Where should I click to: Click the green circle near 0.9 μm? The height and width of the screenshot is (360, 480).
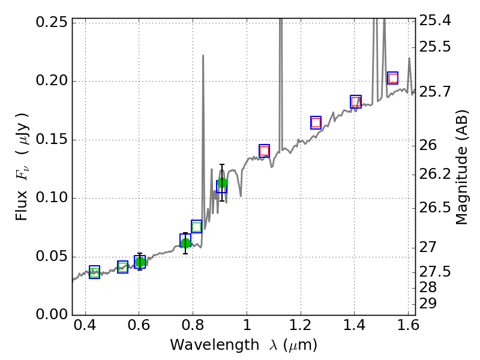(223, 183)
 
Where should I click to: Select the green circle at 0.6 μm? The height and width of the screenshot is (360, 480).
(140, 262)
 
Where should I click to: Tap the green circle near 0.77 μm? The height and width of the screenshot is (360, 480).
(185, 243)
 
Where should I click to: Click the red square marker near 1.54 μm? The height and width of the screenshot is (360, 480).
(393, 78)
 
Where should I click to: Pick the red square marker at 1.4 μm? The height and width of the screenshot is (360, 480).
(356, 102)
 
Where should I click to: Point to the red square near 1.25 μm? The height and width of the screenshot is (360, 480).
(316, 122)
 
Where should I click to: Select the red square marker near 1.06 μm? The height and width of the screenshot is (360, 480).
(264, 151)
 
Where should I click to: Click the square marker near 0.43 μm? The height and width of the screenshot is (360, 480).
(94, 272)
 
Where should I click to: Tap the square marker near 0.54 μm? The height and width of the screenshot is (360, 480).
(122, 267)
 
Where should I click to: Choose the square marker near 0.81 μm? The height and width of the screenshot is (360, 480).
(196, 226)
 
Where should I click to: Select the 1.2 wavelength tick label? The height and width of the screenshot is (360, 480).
(300, 328)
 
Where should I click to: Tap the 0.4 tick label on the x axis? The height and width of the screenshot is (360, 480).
(85, 328)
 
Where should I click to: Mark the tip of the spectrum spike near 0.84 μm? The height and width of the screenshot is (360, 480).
(203, 55)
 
